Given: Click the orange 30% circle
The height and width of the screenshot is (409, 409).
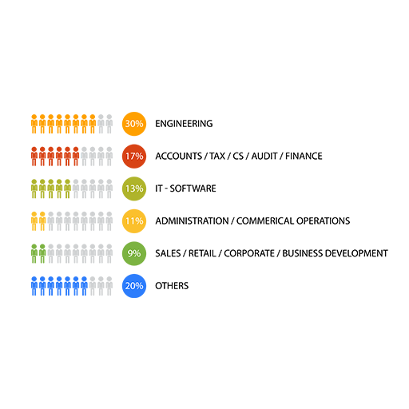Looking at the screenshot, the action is coord(134,124).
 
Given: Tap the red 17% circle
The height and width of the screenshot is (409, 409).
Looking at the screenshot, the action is coord(134,157).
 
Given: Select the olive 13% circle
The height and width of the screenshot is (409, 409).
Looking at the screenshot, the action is coord(134,189).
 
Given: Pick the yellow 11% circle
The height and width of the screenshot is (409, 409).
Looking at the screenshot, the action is coord(134,221).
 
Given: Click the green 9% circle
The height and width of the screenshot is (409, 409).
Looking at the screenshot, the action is coord(134,253).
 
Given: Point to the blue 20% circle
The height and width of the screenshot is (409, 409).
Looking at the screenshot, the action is coord(134,286).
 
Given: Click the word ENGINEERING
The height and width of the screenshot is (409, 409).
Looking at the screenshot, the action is coord(184,124).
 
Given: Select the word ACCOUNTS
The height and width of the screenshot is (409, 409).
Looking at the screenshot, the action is coord(179,157).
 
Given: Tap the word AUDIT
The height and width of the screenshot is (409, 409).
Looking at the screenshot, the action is coord(264,157).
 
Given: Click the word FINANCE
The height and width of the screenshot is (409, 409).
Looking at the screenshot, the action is coord(304,157).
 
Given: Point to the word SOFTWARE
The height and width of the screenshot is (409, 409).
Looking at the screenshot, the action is coord(193,189).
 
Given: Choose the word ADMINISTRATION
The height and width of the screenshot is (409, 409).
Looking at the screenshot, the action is coord(192,221).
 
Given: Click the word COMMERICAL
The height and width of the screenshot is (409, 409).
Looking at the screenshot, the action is coord(265,221).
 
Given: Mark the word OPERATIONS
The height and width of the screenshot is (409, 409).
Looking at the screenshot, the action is coord(324,221).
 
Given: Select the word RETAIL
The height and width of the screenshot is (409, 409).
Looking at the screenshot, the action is coord(202,253).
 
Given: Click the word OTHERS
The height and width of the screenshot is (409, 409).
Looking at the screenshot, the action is coord(172,286).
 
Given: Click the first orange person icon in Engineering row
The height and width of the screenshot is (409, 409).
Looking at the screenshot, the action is coord(34,124).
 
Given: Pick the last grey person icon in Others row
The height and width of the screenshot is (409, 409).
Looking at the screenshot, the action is coord(109,286).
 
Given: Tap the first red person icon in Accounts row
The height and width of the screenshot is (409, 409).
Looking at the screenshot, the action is coord(34,157).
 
